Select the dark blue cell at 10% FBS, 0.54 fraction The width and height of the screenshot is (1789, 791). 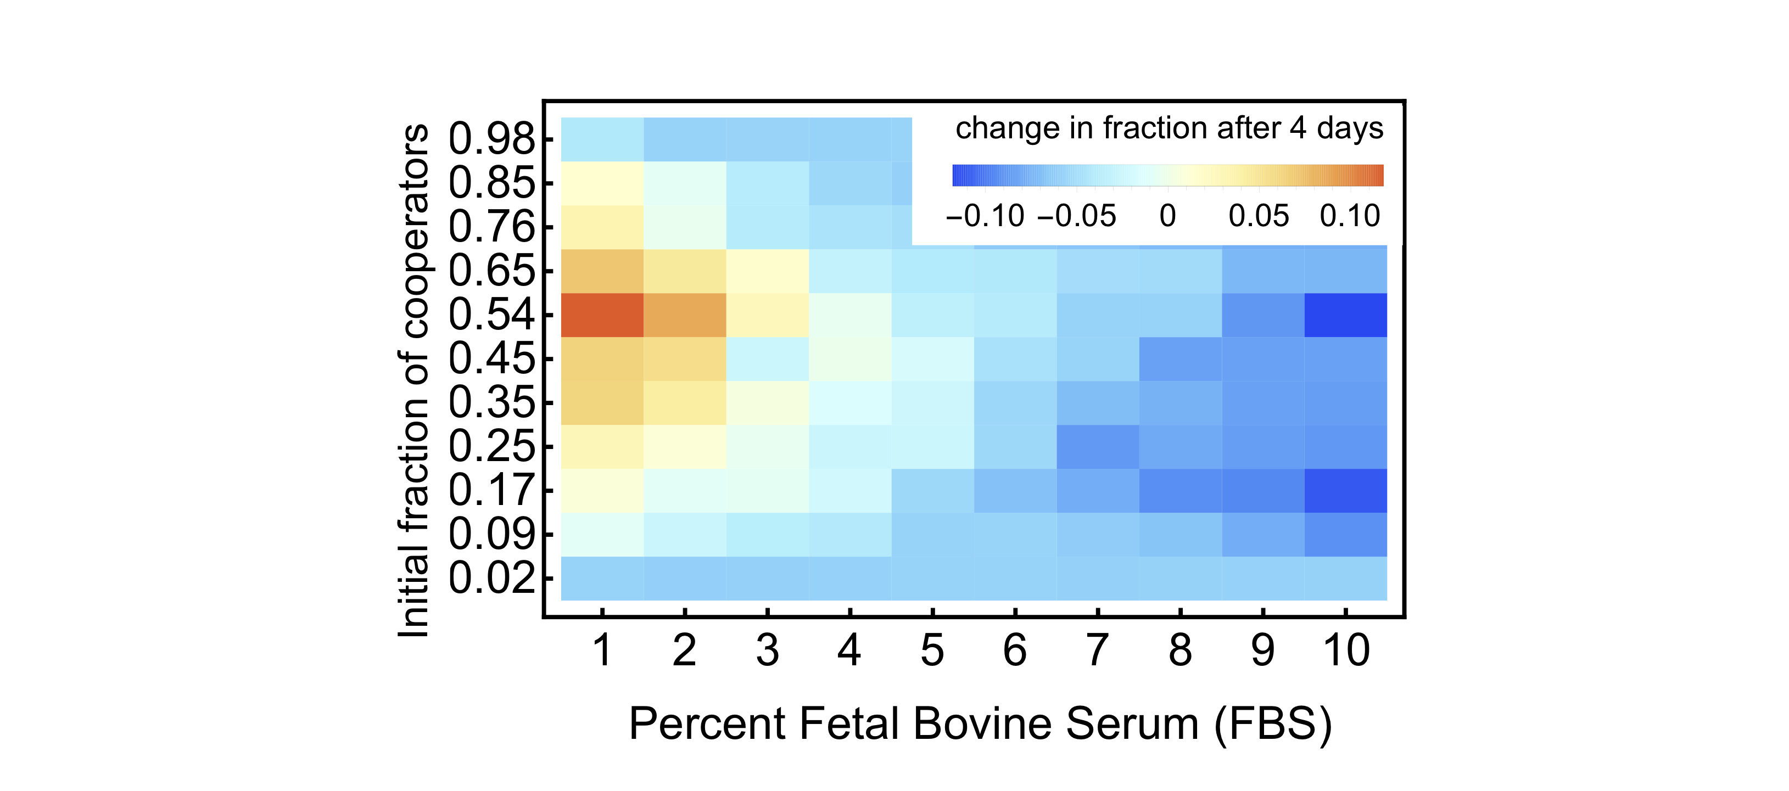(x=1345, y=315)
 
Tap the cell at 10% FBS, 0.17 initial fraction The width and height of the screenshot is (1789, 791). (x=1345, y=490)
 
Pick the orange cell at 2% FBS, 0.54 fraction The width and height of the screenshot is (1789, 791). (x=684, y=315)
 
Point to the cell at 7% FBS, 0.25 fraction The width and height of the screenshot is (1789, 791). (x=1097, y=446)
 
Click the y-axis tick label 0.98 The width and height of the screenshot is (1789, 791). (x=491, y=138)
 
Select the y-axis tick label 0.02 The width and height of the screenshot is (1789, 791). (x=491, y=578)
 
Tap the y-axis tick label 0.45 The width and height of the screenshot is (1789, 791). (x=491, y=358)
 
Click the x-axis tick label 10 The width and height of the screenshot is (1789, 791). (x=1346, y=650)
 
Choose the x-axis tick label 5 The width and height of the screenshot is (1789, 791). (x=932, y=650)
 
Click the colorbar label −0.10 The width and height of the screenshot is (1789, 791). (x=985, y=216)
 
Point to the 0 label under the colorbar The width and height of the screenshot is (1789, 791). (x=1167, y=216)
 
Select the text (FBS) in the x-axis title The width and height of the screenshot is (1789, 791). (x=1273, y=725)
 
